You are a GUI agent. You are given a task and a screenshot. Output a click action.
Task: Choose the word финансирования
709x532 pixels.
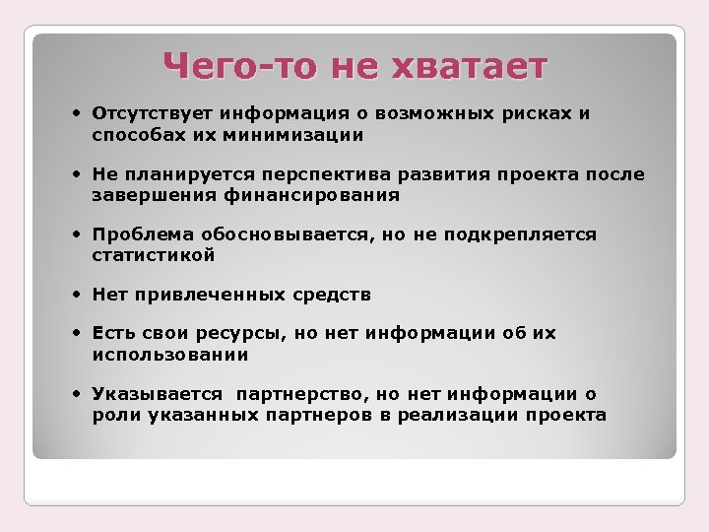[x=321, y=195]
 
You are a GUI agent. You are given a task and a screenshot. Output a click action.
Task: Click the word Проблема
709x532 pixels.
[x=139, y=234]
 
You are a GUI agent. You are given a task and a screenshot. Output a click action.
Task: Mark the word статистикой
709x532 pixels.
[x=154, y=255]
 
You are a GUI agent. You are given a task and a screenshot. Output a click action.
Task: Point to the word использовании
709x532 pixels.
[x=170, y=354]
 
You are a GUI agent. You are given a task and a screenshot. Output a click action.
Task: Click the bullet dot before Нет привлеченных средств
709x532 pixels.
[x=77, y=294]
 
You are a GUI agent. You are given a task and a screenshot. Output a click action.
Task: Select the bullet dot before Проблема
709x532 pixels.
[x=77, y=234]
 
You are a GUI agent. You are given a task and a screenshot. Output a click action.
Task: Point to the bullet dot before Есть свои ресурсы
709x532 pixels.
[x=77, y=333]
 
